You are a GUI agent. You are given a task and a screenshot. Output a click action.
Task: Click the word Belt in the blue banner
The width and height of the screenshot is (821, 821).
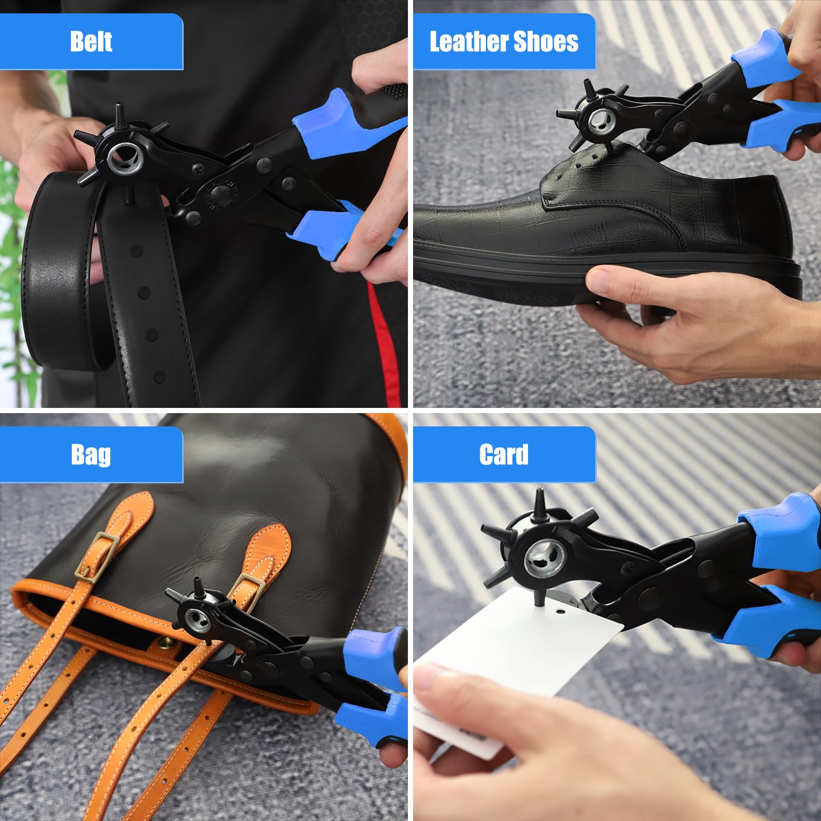coord(91,42)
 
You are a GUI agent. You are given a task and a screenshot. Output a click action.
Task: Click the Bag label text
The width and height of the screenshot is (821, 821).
coord(91,455)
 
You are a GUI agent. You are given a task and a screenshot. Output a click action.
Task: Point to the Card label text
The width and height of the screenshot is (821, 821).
coord(503,455)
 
